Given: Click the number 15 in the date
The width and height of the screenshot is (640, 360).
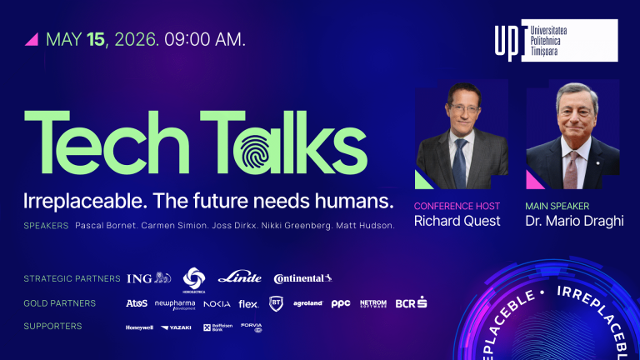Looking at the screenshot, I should pos(97,38).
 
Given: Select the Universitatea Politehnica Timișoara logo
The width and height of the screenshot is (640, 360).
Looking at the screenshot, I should pos(556,40).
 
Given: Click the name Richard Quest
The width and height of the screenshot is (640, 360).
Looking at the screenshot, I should pos(457,221).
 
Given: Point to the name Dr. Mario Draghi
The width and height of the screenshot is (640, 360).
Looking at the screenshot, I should pos(575,221).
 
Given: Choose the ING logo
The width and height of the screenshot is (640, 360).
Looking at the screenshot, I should pos(148,278).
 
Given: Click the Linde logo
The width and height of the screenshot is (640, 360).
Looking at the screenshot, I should pos(239,278).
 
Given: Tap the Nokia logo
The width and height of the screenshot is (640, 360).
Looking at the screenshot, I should pos(217,303).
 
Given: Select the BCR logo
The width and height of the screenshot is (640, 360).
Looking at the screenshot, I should pos(411,303).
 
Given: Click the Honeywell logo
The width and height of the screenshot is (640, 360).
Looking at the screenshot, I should pos(139,327).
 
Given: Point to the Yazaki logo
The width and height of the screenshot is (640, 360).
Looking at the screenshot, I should pos(176,327).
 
